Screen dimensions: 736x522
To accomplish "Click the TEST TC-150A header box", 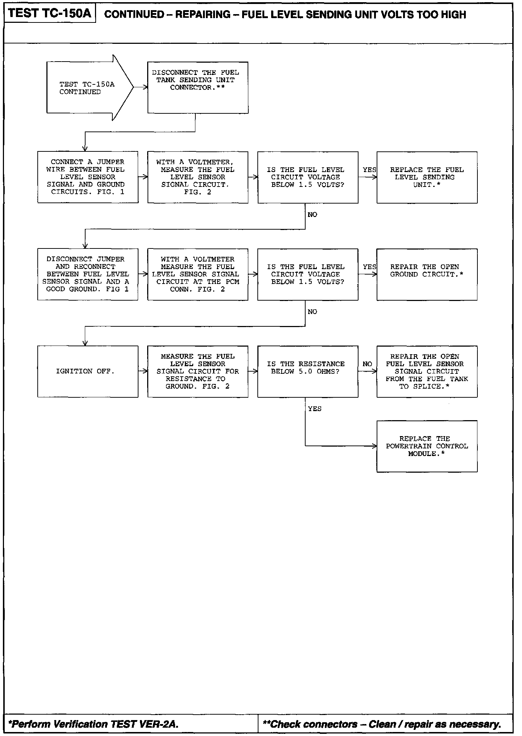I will click(49, 13).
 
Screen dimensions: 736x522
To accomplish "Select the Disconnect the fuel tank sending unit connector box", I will click(198, 87).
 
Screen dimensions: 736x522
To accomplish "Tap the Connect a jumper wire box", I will click(88, 177).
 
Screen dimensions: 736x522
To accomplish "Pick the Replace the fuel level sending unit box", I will click(427, 177).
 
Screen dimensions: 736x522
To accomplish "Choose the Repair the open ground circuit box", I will click(427, 274).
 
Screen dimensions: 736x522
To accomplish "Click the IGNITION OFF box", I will click(88, 371).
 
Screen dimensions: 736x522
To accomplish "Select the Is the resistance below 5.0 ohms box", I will click(307, 371).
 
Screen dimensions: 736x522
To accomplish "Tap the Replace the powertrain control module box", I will click(427, 446).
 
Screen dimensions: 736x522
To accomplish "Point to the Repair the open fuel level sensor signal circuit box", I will click(427, 371).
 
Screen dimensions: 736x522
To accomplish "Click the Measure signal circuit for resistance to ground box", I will click(198, 371).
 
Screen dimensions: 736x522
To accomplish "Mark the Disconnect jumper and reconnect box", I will click(88, 274).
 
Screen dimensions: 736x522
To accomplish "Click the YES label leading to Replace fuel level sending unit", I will click(369, 170).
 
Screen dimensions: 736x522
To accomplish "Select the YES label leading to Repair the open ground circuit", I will click(369, 267).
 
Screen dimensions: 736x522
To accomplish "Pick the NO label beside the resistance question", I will click(367, 364).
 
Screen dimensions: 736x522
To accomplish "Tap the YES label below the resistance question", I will click(315, 409).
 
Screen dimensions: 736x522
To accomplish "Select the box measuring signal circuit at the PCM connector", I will click(198, 274).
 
